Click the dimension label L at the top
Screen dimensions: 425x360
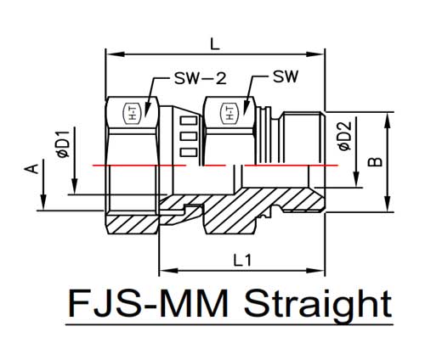(215, 44)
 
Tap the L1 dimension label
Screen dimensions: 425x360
(242, 261)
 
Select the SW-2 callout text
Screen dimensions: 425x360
(201, 78)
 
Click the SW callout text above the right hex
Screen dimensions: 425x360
(286, 76)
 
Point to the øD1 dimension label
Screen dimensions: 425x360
(63, 144)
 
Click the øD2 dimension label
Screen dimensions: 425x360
(344, 136)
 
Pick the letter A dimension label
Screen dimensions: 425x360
(31, 169)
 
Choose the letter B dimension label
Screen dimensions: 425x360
(375, 162)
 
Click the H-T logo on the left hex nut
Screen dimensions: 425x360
(133, 113)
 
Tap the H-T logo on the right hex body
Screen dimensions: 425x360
(230, 113)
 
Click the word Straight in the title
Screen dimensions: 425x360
(318, 304)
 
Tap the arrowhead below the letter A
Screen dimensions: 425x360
(43, 202)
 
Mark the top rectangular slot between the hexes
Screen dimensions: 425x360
(189, 121)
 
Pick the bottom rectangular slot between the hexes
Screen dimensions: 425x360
(189, 153)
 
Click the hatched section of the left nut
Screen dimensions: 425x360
(132, 224)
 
